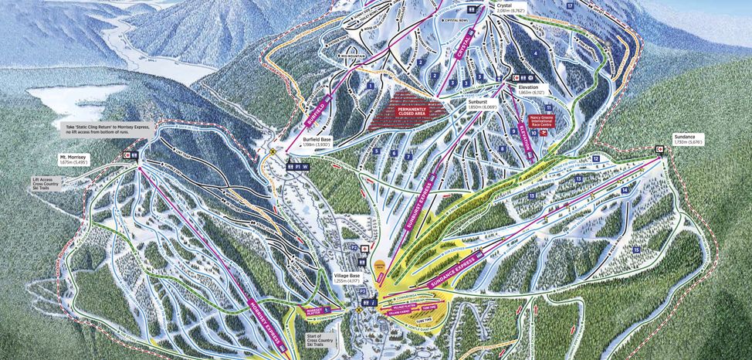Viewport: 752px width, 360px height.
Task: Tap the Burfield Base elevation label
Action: coord(317,141)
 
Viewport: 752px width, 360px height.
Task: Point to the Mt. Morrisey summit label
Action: coord(74,159)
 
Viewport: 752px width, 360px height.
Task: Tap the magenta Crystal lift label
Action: coord(462,54)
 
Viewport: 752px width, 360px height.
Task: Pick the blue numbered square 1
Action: coord(371,85)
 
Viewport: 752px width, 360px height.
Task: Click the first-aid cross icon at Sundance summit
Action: coord(660,148)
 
